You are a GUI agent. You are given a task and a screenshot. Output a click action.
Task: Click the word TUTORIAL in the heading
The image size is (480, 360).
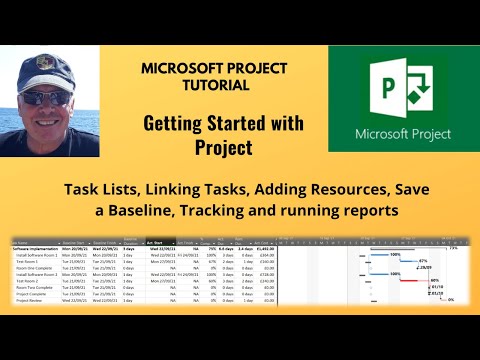pos(214,86)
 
